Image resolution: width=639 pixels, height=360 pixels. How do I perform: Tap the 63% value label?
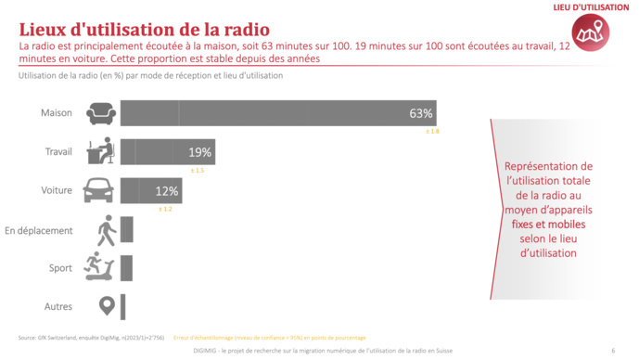point(421,113)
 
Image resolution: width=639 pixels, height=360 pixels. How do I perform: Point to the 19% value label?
point(200,152)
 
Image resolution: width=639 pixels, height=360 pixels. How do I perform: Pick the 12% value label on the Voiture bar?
point(167,190)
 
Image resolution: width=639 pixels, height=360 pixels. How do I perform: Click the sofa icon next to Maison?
point(101,114)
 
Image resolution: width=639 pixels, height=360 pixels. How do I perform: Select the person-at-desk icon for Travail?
point(100,151)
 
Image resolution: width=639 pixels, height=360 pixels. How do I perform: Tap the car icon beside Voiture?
point(100,190)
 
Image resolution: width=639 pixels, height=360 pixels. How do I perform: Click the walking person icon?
point(106,230)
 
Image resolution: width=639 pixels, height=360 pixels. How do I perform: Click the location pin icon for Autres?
point(107,305)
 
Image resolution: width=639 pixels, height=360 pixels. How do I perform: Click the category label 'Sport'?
point(60,268)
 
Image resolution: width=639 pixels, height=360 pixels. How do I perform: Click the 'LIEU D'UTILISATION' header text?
point(591,8)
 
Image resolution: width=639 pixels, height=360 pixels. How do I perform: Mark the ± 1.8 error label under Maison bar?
point(432,133)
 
